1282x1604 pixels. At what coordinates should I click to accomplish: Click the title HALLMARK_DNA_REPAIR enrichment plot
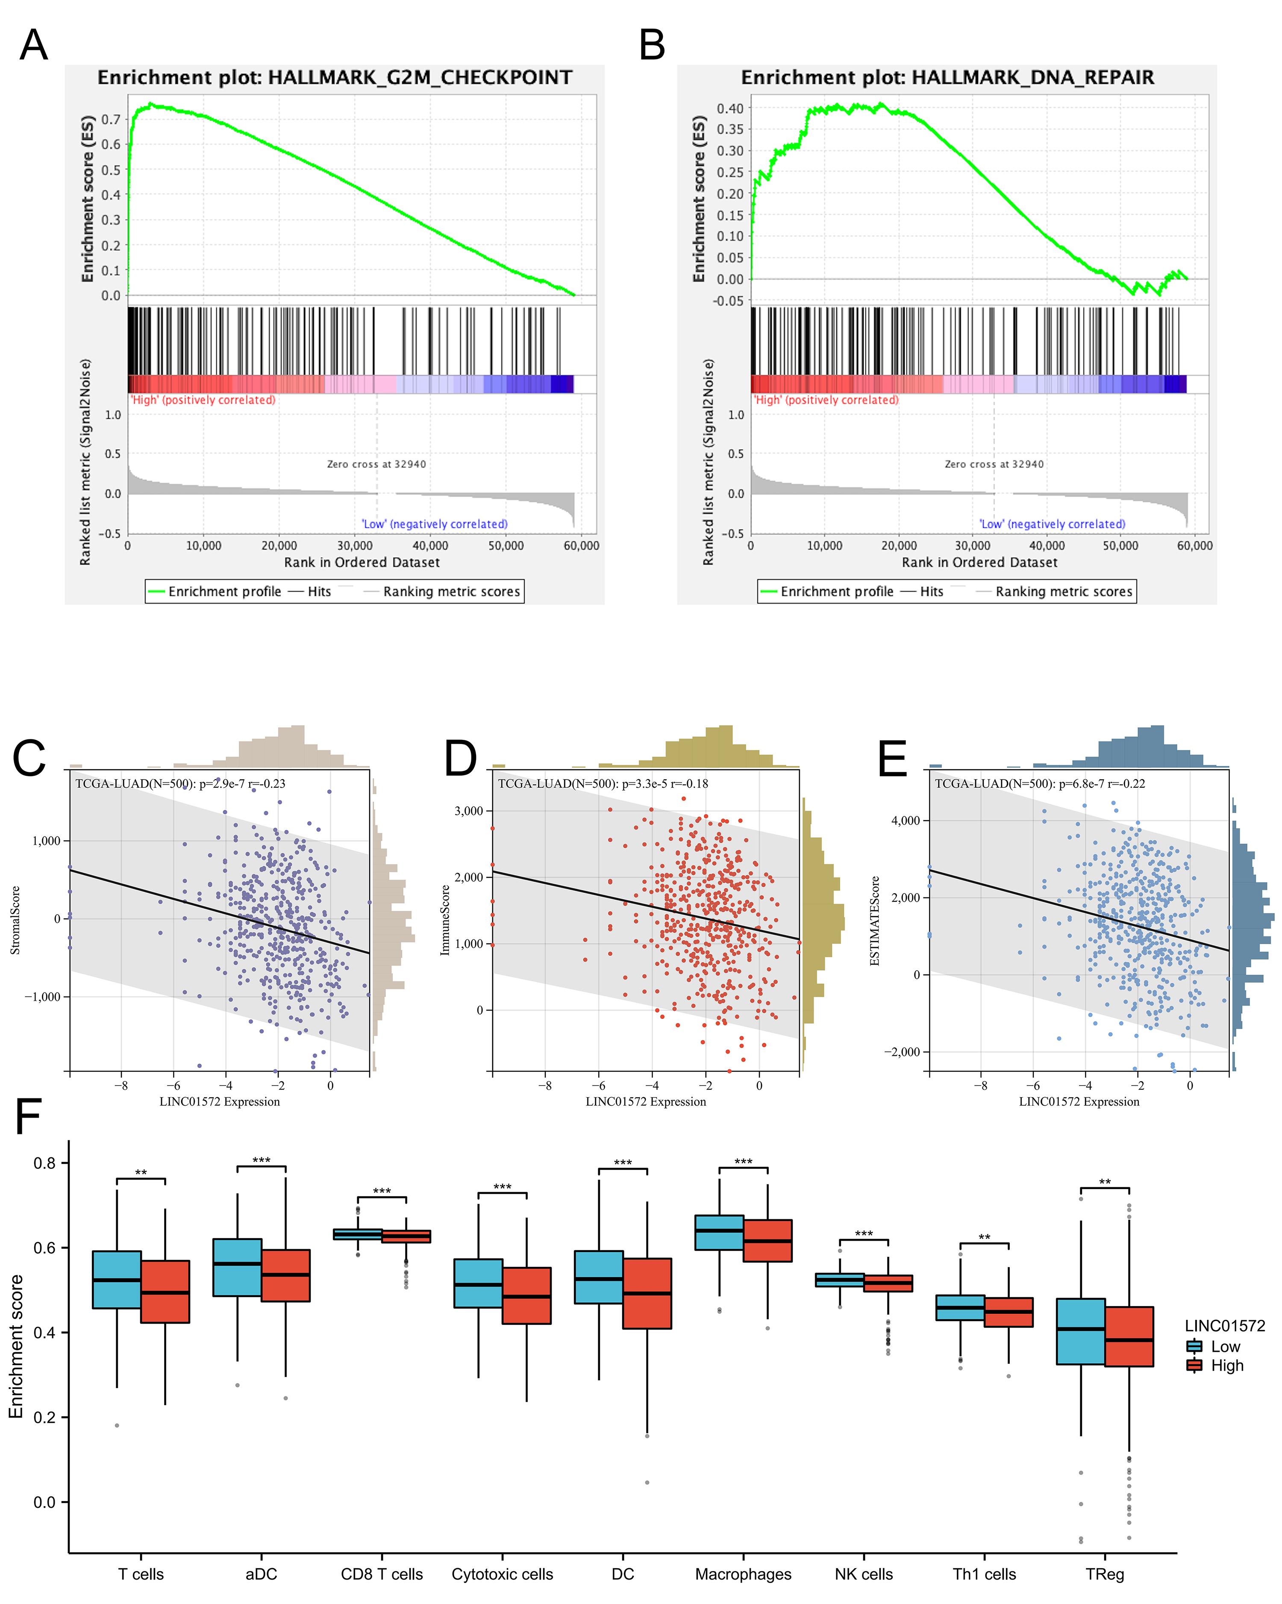[947, 77]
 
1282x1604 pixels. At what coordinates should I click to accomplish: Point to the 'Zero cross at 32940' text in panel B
[994, 464]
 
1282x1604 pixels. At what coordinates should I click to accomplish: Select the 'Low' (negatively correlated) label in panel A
[435, 524]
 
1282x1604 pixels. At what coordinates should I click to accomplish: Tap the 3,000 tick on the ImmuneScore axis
[469, 810]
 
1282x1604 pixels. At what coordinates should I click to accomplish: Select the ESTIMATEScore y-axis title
[875, 921]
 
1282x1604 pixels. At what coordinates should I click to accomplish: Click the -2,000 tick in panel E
[902, 1051]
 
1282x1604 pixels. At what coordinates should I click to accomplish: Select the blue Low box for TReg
[1080, 1331]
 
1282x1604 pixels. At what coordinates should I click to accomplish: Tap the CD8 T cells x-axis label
[382, 1574]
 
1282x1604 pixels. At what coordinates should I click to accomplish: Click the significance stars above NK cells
[864, 1233]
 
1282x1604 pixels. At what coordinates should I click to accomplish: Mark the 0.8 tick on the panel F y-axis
[44, 1163]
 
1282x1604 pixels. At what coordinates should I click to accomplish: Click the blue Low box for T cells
[117, 1279]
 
